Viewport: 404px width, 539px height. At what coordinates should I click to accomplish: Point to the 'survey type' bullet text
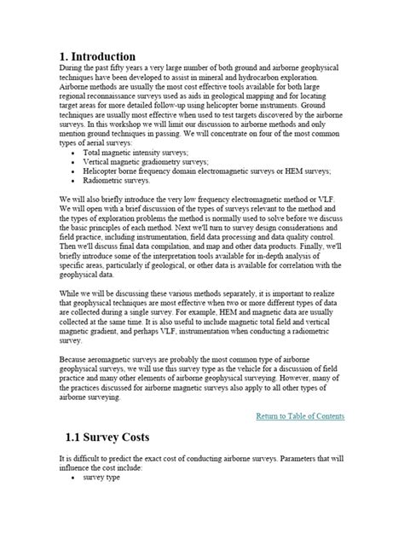pos(101,478)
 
